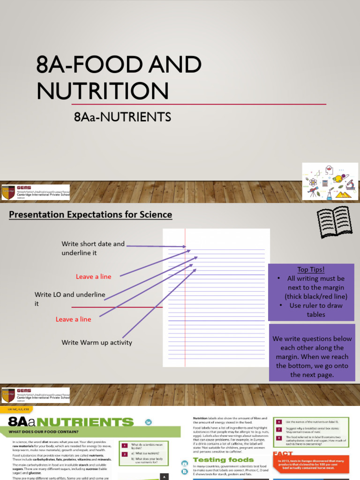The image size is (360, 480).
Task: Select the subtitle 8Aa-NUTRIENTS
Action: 122,117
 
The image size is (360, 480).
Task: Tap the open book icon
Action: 334,222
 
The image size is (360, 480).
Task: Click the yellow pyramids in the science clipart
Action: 345,192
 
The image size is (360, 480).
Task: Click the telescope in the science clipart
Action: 314,191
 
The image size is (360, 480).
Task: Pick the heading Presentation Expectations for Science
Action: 90,215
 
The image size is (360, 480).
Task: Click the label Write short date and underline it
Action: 93,248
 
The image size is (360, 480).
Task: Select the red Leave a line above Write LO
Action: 93,277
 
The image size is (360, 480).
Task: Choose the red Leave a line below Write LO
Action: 73,319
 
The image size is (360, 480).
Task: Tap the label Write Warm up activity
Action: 97,343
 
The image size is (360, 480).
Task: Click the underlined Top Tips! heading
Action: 311,270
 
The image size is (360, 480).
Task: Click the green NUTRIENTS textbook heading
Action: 86,421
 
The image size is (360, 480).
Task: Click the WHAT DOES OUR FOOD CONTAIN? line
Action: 43,432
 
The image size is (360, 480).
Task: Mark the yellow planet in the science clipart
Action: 338,178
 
